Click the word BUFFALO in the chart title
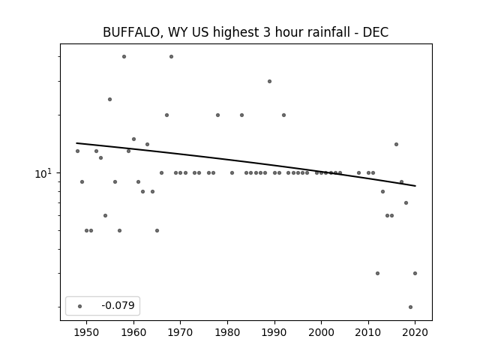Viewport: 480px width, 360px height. (x=131, y=32)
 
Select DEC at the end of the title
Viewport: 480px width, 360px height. (x=376, y=32)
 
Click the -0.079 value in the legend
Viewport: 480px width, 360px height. (x=118, y=305)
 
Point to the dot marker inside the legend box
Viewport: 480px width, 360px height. (x=80, y=306)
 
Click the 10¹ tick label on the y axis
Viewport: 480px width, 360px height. (x=43, y=173)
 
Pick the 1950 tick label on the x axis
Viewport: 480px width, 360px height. (x=87, y=332)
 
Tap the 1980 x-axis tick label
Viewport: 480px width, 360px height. (x=227, y=332)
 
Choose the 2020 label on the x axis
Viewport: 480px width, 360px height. (x=415, y=332)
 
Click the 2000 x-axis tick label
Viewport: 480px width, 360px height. (x=322, y=332)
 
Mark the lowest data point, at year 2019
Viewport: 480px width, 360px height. (x=410, y=307)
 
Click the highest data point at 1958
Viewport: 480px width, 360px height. (x=124, y=57)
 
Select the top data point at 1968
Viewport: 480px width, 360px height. (x=171, y=57)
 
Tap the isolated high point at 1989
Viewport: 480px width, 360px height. (x=269, y=82)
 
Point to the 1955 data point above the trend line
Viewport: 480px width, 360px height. (x=110, y=100)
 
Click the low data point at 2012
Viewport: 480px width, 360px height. (x=377, y=273)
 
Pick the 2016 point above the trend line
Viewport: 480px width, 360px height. (x=397, y=145)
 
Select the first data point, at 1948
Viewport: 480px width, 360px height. (x=77, y=151)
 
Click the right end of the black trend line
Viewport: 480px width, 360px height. (x=415, y=186)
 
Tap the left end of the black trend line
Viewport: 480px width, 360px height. (x=76, y=143)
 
